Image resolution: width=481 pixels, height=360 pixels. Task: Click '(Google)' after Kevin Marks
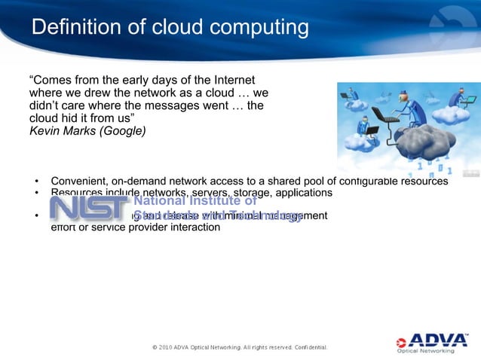pyautogui.click(x=124, y=130)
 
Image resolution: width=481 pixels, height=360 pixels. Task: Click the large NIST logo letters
pyautogui.click(x=88, y=206)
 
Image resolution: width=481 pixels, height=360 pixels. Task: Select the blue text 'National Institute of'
pyautogui.click(x=195, y=201)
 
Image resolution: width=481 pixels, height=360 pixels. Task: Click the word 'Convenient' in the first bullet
pyautogui.click(x=78, y=181)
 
